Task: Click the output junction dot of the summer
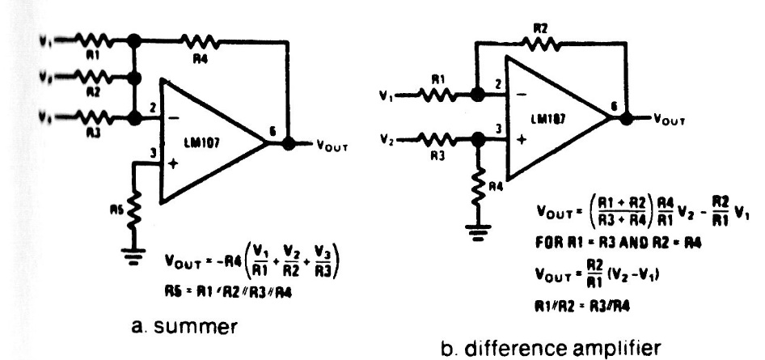[x=290, y=144]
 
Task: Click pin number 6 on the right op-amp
[x=616, y=104]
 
